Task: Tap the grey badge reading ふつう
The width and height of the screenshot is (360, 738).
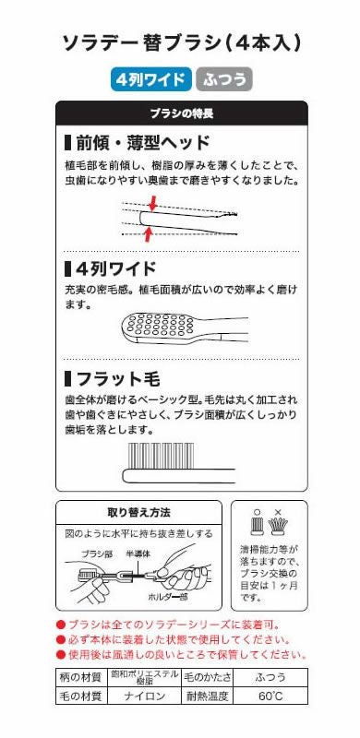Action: (x=222, y=79)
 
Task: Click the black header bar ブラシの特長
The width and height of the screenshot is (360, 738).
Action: (x=181, y=113)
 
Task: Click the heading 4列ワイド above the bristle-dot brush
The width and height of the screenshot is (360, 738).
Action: (x=110, y=270)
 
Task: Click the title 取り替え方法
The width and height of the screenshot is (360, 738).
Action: (x=139, y=513)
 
